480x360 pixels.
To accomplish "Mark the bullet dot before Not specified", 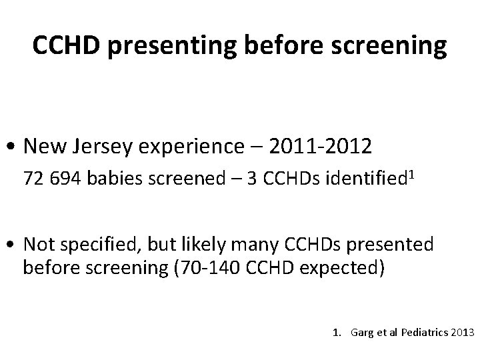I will (14, 246).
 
